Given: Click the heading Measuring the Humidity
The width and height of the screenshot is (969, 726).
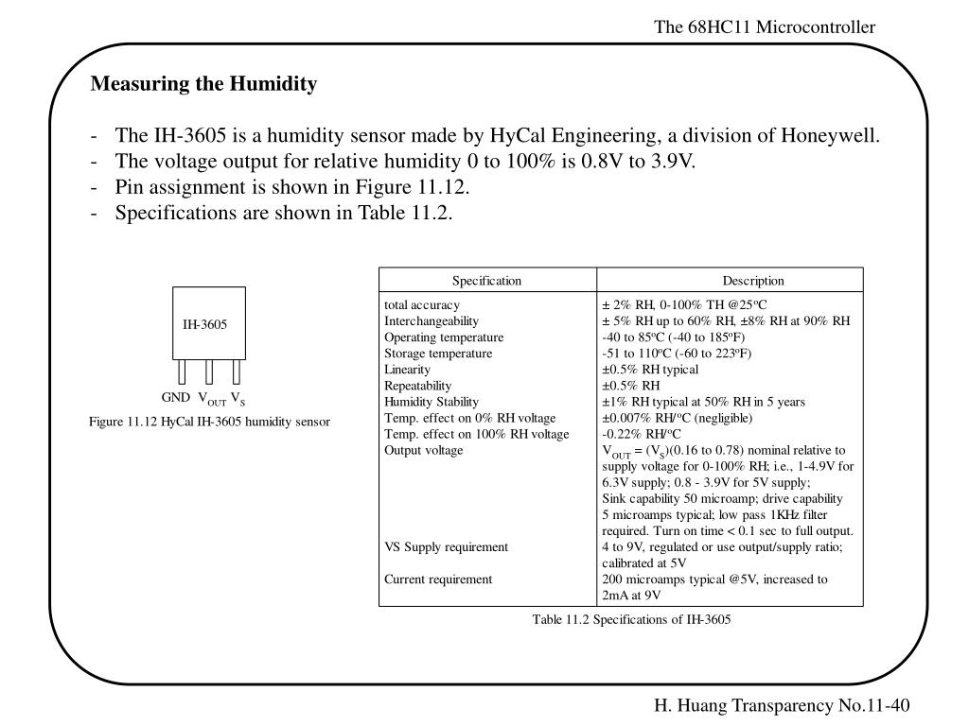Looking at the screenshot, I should pyautogui.click(x=203, y=84).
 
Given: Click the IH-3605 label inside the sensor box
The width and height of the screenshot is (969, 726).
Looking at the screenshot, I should pyautogui.click(x=205, y=324).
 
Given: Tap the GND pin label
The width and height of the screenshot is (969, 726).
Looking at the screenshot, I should pyautogui.click(x=176, y=398).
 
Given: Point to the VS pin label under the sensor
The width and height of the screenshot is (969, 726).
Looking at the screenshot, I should pyautogui.click(x=238, y=399).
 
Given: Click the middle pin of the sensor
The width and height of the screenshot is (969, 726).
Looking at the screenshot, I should pyautogui.click(x=209, y=372).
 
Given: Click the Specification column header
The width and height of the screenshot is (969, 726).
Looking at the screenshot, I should pyautogui.click(x=486, y=281).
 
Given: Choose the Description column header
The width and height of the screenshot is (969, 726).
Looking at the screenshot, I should pyautogui.click(x=753, y=281).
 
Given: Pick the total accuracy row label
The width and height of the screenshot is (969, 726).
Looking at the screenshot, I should pyautogui.click(x=422, y=304).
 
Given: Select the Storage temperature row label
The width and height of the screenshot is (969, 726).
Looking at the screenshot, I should pyautogui.click(x=438, y=353).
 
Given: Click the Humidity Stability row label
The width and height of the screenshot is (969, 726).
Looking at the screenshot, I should pyautogui.click(x=432, y=401).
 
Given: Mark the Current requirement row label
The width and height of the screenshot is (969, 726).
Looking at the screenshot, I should pyautogui.click(x=438, y=579).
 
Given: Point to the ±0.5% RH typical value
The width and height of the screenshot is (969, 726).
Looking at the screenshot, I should pyautogui.click(x=650, y=369).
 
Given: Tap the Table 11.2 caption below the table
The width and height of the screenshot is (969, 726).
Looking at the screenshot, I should pyautogui.click(x=632, y=619).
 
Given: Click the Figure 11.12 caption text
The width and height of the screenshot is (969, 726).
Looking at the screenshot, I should pyautogui.click(x=210, y=422).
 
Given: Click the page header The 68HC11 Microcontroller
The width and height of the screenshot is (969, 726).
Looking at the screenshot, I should pyautogui.click(x=765, y=27).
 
